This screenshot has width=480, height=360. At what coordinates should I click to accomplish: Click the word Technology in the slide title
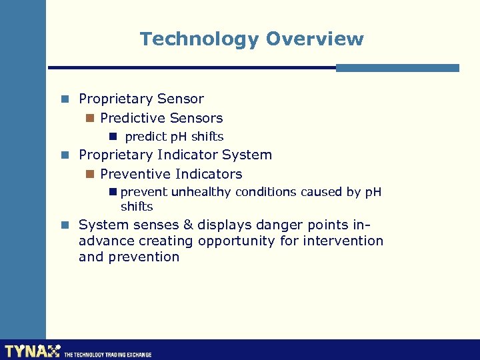click(x=199, y=39)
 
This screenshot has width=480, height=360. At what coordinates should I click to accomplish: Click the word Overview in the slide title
click(x=315, y=39)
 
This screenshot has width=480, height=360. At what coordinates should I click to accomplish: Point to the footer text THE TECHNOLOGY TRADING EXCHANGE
click(x=107, y=355)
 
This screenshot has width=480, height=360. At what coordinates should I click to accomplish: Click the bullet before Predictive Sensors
click(x=90, y=119)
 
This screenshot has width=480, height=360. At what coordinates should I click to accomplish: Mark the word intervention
click(x=343, y=241)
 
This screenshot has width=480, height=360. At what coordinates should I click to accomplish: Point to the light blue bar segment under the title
click(x=397, y=67)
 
